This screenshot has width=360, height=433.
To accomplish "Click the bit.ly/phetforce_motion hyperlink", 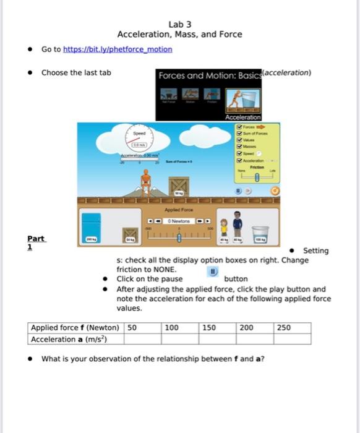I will click(x=117, y=49).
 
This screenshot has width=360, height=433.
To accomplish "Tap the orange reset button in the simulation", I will click(x=275, y=191).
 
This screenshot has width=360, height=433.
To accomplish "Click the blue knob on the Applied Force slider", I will click(x=179, y=237).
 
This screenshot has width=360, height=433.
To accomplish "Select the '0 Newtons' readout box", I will click(x=179, y=221).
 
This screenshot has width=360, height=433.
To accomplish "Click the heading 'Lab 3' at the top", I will click(x=179, y=24).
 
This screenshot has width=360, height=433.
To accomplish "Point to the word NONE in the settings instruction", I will click(x=164, y=270).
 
